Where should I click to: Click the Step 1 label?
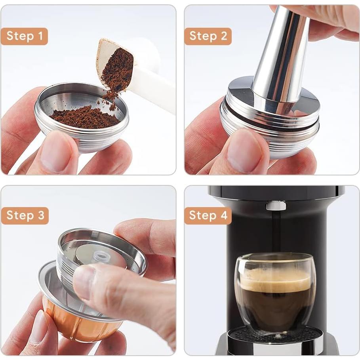coord(24,36)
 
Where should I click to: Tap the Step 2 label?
coord(208,36)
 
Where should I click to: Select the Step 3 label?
coord(25,216)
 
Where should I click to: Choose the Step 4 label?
coord(208,216)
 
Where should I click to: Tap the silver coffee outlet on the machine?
coord(276,205)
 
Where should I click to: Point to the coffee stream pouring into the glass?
coord(276,234)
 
